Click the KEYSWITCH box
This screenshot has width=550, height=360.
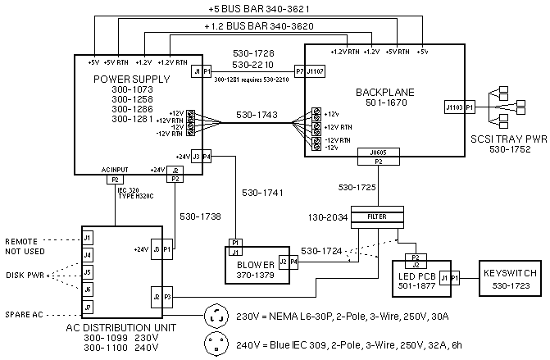tap(509, 277)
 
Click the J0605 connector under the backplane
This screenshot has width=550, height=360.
tap(379, 152)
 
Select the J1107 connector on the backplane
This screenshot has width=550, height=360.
tap(316, 71)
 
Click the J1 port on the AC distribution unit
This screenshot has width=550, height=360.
tap(87, 238)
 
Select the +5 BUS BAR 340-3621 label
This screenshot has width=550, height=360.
tap(258, 8)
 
